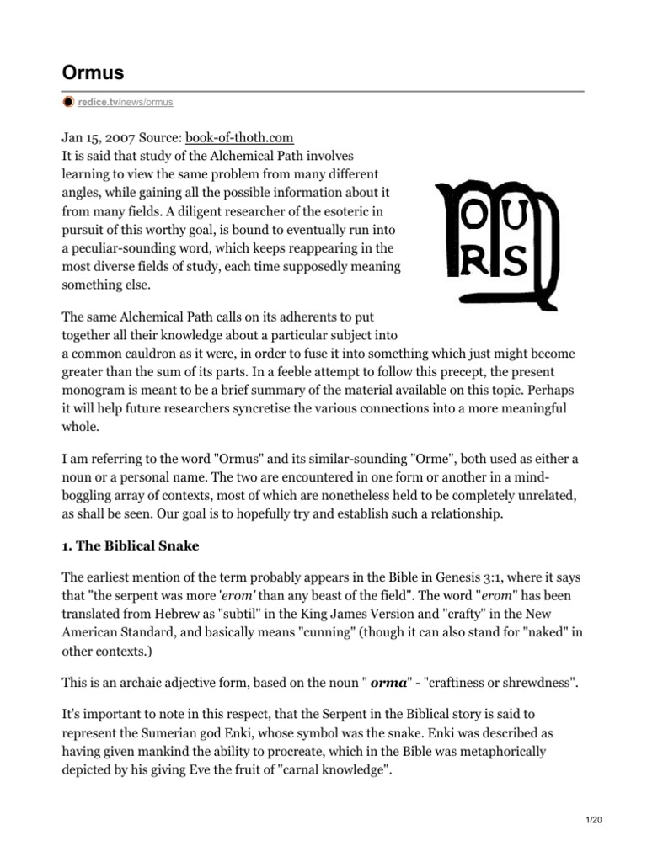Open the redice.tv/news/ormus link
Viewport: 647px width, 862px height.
pyautogui.click(x=126, y=103)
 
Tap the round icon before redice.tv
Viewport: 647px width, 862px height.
pyautogui.click(x=68, y=103)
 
